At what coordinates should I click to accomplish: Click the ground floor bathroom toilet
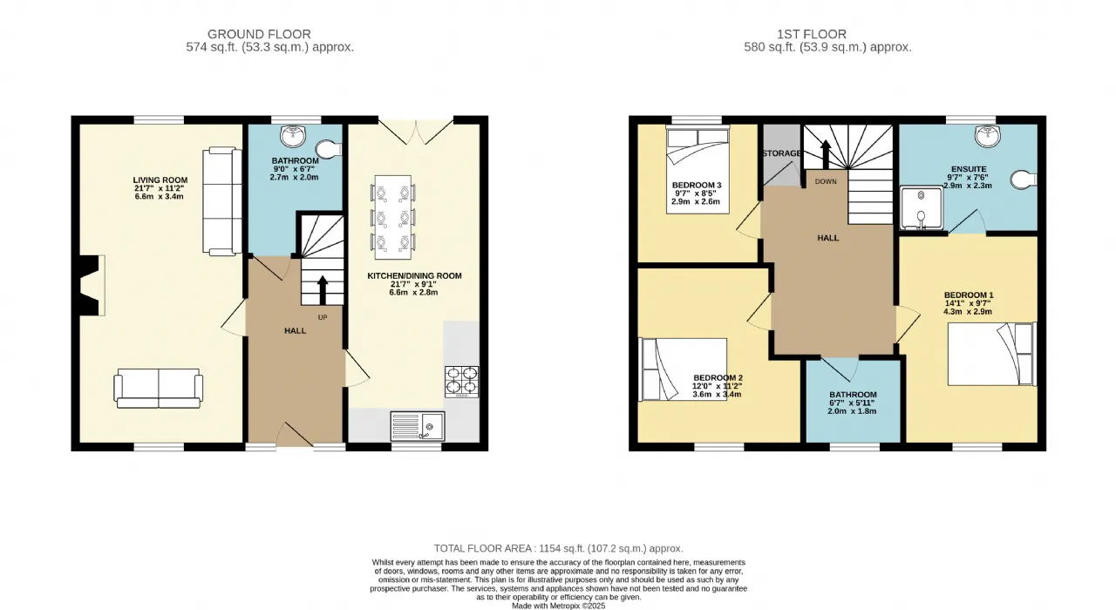(329, 148)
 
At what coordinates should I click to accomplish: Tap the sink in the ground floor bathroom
(293, 135)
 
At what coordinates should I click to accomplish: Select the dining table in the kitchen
(393, 217)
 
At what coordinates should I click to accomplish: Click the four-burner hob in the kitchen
(462, 382)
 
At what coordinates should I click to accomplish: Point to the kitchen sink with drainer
(418, 426)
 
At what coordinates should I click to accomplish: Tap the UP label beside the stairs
(323, 317)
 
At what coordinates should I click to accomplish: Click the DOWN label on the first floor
(826, 181)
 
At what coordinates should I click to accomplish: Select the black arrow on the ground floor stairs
(323, 290)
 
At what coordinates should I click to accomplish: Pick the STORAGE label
(782, 153)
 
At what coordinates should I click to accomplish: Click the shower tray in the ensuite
(922, 208)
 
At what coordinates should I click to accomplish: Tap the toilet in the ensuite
(1024, 180)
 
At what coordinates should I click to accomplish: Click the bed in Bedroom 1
(991, 354)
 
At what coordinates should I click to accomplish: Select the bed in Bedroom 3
(697, 170)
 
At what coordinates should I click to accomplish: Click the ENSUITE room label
(969, 169)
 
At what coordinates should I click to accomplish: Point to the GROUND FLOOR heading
(259, 34)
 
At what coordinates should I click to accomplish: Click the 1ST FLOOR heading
(812, 34)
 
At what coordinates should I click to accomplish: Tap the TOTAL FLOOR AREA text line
(559, 548)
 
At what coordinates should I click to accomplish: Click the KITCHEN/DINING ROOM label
(414, 276)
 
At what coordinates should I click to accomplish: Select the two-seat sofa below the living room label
(159, 389)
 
